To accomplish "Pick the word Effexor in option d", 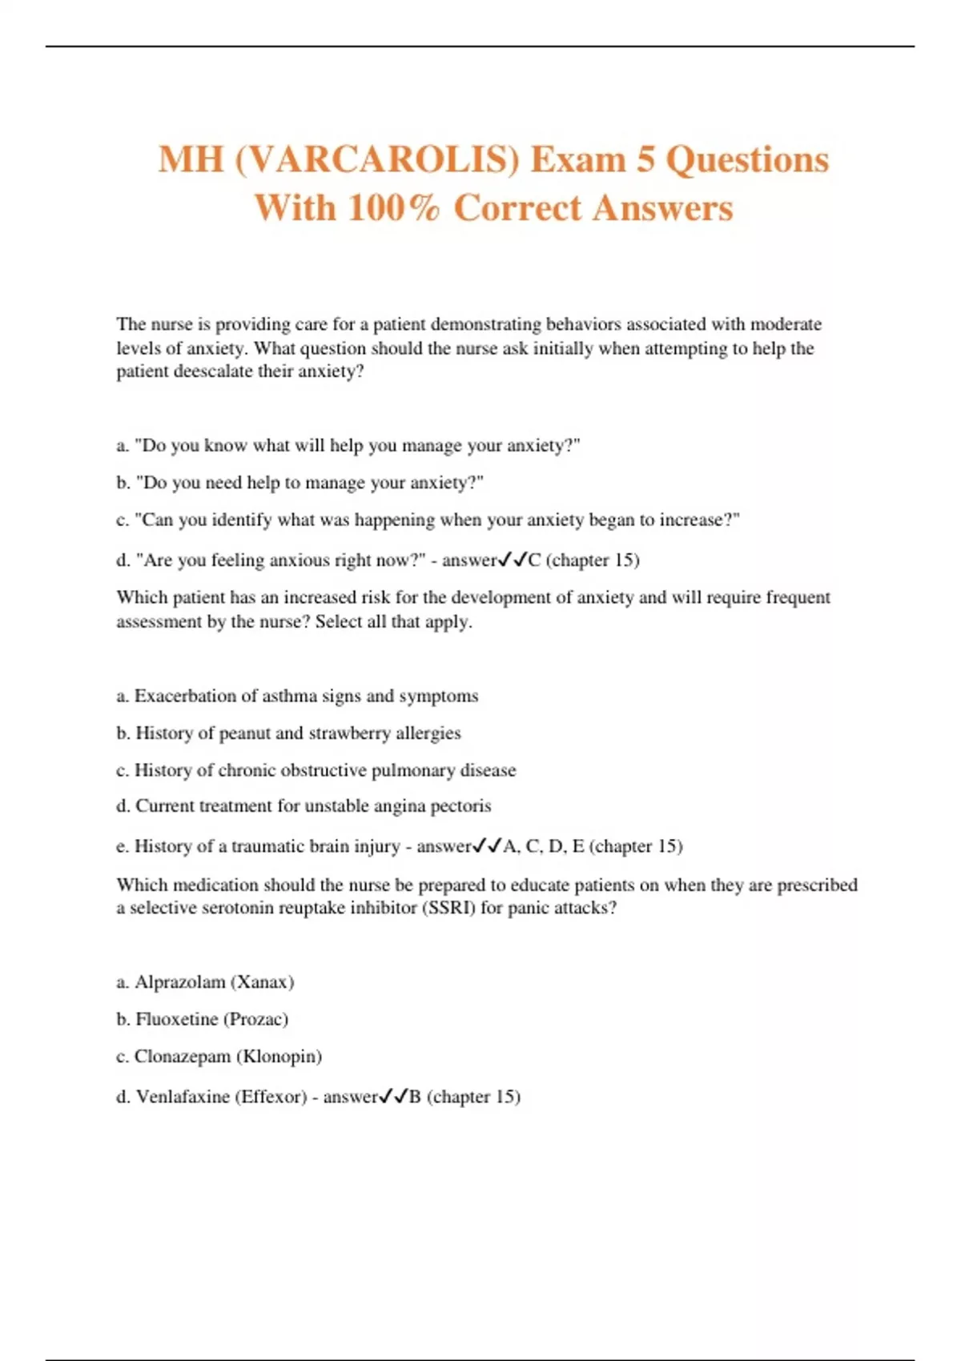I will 271,1096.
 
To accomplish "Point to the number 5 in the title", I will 645,159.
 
